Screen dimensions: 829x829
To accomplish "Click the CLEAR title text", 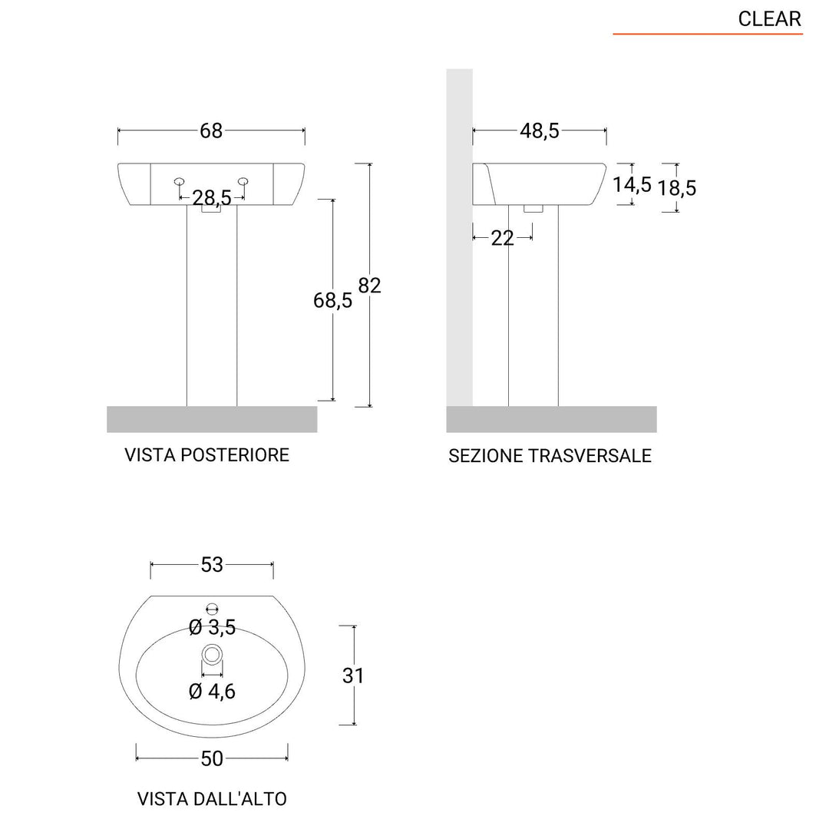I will pos(769,18).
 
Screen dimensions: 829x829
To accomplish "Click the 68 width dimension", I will pos(211,130).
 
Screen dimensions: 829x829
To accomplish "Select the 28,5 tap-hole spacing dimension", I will pos(212,198).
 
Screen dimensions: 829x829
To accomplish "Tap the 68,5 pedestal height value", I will pos(332,300).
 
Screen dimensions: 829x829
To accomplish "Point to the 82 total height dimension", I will pos(369,285).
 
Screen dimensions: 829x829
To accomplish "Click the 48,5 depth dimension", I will pos(540,130).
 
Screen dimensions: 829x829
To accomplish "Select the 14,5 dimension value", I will pos(632,184).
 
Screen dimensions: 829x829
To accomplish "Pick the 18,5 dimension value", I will pos(676,187).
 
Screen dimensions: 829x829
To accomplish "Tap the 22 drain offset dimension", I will pos(502,238).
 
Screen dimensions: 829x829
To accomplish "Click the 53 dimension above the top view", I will pos(212,565).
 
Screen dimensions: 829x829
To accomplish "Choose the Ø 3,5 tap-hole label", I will pos(212,628).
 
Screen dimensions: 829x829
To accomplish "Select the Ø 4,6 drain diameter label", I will pos(212,691).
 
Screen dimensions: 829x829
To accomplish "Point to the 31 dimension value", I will pos(353,675).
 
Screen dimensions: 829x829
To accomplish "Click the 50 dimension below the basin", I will pos(212,758).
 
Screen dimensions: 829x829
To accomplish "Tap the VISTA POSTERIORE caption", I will pos(206,454).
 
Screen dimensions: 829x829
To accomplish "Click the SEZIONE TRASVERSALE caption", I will pos(550,456).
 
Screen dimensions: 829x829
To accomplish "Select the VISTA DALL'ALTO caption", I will pos(212,798).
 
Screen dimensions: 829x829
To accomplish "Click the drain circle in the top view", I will pos(212,655).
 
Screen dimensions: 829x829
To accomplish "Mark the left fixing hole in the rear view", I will pos(179,182).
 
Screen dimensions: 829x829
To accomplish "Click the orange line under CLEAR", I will pos(707,35).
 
